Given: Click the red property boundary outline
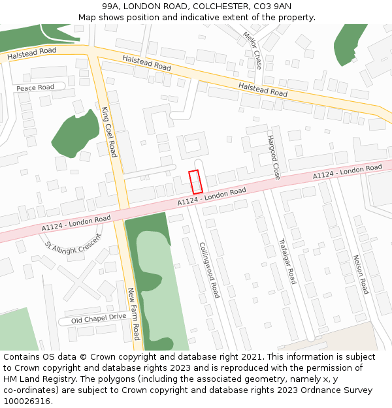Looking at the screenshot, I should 194,181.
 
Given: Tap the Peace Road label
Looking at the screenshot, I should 35,87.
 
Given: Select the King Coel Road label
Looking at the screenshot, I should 109,132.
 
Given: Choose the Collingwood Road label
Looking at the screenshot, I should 209,270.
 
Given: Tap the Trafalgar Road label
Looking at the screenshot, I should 287,260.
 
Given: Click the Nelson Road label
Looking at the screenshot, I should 361,274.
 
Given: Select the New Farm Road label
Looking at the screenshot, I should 133,314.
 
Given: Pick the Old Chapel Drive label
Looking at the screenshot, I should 99,318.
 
